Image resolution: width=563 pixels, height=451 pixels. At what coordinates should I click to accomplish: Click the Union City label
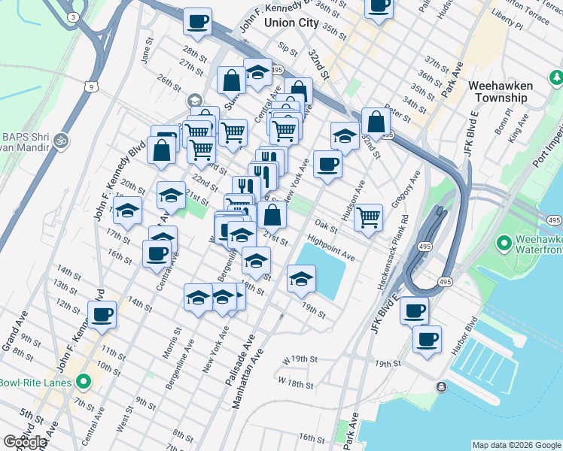pyautogui.click(x=291, y=23)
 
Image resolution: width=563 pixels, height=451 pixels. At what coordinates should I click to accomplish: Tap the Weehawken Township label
pyautogui.click(x=501, y=92)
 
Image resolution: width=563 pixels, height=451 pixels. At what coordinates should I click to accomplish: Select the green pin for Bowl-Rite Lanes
pyautogui.click(x=84, y=382)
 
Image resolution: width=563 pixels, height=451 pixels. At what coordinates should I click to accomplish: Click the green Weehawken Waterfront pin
pyautogui.click(x=504, y=243)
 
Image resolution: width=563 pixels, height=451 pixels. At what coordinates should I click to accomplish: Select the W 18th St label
pyautogui.click(x=295, y=383)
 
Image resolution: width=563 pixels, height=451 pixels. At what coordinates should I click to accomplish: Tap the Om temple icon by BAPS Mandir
pyautogui.click(x=61, y=139)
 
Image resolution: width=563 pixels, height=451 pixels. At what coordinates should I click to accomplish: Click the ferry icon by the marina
pyautogui.click(x=440, y=387)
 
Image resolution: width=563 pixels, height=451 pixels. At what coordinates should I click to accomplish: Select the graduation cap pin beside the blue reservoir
pyautogui.click(x=301, y=280)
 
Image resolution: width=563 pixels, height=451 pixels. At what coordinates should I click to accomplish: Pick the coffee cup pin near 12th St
pyautogui.click(x=101, y=314)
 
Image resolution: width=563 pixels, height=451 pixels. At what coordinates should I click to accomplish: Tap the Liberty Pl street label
pyautogui.click(x=507, y=25)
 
